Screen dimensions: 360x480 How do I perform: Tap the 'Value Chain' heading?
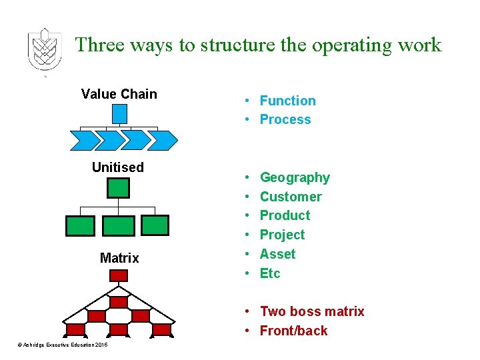click(119, 94)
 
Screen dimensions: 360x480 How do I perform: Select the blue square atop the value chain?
click(119, 114)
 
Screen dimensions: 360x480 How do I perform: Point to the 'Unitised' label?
click(118, 167)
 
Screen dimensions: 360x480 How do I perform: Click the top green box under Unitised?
click(119, 188)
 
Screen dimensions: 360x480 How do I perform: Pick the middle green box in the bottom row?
click(119, 226)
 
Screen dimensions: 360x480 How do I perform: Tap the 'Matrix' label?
click(119, 258)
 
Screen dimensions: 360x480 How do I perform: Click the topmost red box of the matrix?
click(118, 302)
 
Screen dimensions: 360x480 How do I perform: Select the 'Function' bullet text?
click(287, 101)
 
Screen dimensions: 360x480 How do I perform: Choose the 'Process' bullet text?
click(285, 120)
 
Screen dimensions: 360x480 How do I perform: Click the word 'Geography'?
click(295, 177)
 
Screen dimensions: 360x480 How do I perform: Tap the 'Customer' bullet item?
click(291, 197)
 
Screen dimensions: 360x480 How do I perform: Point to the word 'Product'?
click(285, 215)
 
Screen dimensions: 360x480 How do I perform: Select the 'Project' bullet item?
click(282, 235)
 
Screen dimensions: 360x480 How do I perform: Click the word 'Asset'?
click(277, 254)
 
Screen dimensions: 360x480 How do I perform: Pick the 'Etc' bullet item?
click(270, 273)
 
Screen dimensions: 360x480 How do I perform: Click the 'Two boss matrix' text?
click(312, 311)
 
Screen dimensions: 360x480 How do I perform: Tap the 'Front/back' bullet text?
click(293, 331)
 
